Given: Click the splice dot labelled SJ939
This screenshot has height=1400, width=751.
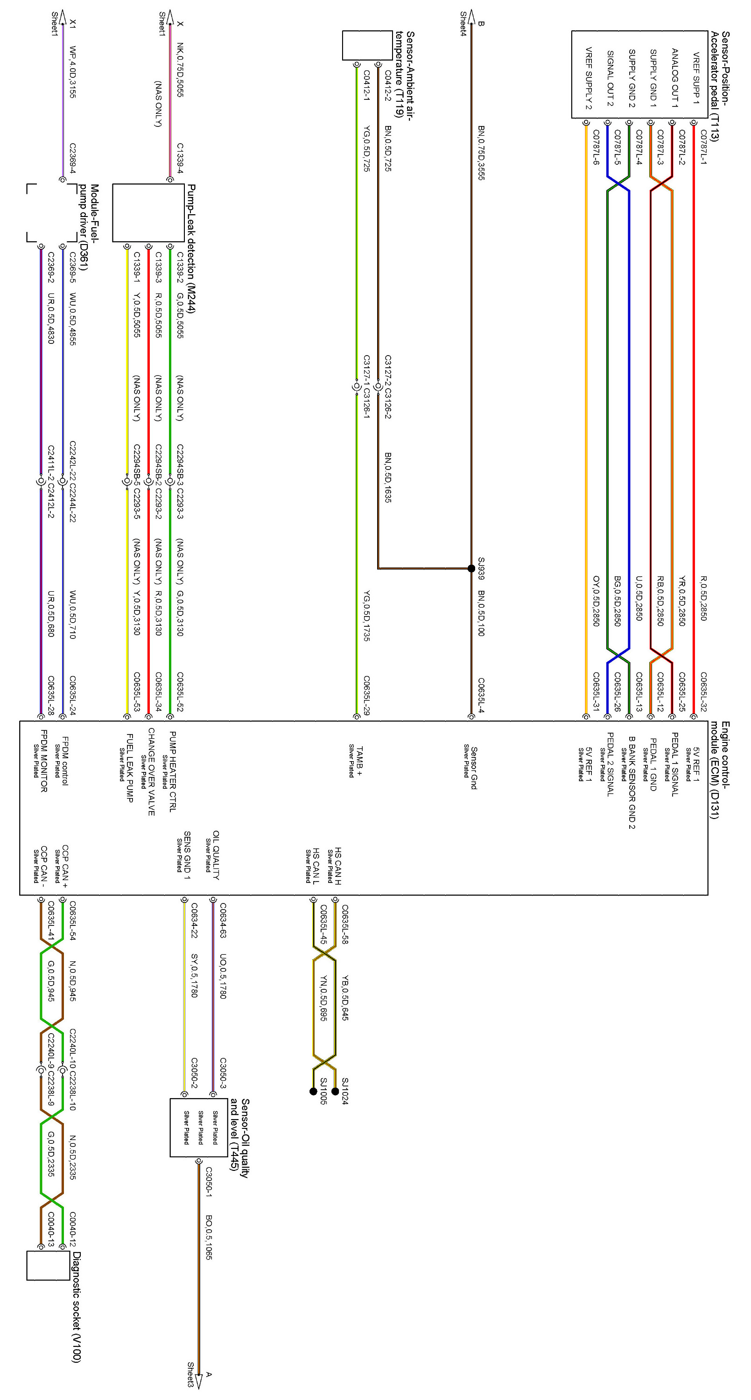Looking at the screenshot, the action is click(471, 568).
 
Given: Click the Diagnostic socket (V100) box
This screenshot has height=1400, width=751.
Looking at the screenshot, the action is click(49, 1266).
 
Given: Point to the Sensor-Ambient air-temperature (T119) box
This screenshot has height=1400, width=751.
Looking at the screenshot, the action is click(367, 46).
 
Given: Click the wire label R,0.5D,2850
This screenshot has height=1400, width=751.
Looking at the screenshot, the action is click(704, 598).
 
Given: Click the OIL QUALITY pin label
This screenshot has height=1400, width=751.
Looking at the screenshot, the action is click(216, 855).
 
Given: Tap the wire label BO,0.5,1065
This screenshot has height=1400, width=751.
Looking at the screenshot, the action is click(209, 1237).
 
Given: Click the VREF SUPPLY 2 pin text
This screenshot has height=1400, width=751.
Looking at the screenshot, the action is click(588, 78).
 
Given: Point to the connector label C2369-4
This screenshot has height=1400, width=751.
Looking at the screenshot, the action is click(72, 158).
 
